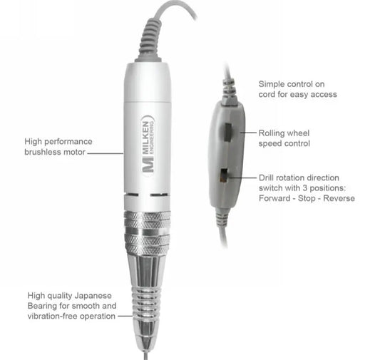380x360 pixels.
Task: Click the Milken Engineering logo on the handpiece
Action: click(x=148, y=146)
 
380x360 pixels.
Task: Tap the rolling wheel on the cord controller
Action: click(x=227, y=133)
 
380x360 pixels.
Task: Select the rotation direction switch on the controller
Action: click(x=223, y=176)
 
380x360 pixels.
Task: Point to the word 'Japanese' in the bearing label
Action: click(x=93, y=296)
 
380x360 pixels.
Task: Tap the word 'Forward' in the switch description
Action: click(x=274, y=198)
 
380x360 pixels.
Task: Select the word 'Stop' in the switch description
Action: click(x=307, y=199)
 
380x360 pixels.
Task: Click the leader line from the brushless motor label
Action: click(x=106, y=153)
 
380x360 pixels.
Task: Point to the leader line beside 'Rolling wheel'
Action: click(x=248, y=133)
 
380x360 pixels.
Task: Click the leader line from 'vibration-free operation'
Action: click(x=125, y=316)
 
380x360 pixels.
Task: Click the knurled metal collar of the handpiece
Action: click(x=147, y=232)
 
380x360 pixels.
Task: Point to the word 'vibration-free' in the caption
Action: click(x=53, y=316)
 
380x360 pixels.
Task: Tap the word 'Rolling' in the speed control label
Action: click(x=272, y=133)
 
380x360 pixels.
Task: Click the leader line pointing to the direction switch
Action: click(x=242, y=178)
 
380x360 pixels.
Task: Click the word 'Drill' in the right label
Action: click(x=267, y=178)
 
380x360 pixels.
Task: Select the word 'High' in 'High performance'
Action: click(x=34, y=142)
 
